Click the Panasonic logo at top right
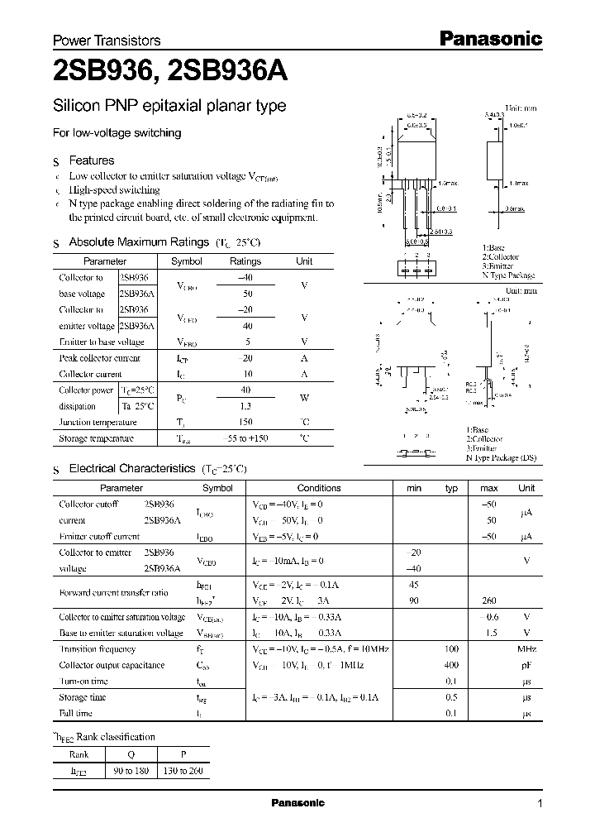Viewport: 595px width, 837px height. click(489, 38)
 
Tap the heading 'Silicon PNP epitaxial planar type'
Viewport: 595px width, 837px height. click(169, 106)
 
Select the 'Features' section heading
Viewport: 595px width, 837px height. click(91, 160)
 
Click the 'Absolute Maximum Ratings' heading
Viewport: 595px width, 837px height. click(138, 242)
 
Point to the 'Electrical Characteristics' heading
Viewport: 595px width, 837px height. click(131, 468)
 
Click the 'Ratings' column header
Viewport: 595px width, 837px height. click(245, 261)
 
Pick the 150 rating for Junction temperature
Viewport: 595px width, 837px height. click(245, 422)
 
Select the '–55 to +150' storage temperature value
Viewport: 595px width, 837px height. click(245, 438)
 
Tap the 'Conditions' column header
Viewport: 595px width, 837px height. click(319, 488)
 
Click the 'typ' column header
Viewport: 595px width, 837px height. click(451, 488)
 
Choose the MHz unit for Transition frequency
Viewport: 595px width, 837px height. click(526, 649)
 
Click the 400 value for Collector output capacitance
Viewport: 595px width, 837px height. click(451, 665)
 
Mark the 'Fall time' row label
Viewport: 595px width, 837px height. click(75, 713)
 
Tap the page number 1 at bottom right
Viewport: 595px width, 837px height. click(540, 804)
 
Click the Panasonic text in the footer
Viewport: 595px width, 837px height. click(298, 803)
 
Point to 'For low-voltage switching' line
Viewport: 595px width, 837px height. click(117, 132)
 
